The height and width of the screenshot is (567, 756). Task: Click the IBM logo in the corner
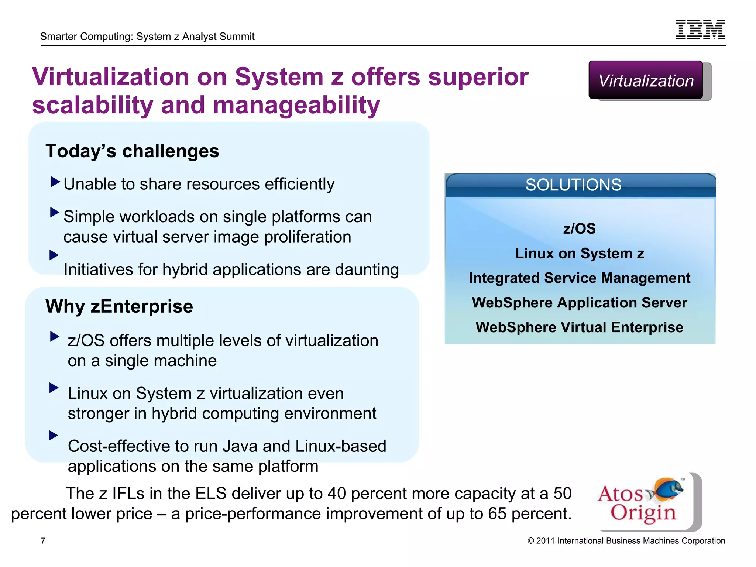[700, 30]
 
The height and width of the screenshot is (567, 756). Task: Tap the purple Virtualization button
[646, 80]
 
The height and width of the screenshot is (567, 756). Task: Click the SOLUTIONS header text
[573, 185]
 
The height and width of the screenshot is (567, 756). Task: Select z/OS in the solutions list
[579, 229]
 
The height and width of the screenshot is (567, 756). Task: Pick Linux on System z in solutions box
[580, 254]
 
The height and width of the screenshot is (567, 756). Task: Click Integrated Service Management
[580, 278]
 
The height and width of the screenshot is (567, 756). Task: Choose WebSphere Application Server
[580, 303]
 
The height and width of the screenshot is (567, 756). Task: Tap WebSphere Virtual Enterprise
[580, 327]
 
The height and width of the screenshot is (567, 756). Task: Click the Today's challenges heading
[132, 151]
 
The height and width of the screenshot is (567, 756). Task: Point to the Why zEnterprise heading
[119, 306]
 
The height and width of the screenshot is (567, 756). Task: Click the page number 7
[43, 541]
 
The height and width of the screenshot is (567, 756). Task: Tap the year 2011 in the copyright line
[545, 541]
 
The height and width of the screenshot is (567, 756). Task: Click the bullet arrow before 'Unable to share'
[55, 182]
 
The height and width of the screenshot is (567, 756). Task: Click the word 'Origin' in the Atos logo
[643, 513]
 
